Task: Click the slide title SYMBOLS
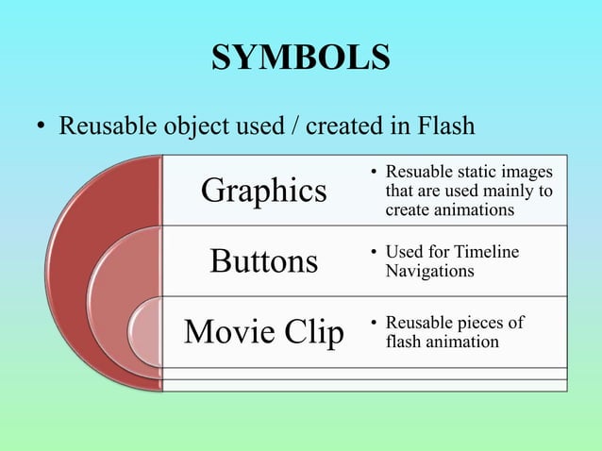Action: tap(300, 58)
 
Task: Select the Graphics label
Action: tap(264, 191)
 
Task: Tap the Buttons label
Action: tap(264, 260)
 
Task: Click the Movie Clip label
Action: tap(264, 332)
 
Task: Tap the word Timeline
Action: tap(486, 253)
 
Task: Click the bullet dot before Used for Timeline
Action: tap(374, 254)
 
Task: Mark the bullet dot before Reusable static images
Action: tap(374, 174)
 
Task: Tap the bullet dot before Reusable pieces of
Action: tap(374, 324)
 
